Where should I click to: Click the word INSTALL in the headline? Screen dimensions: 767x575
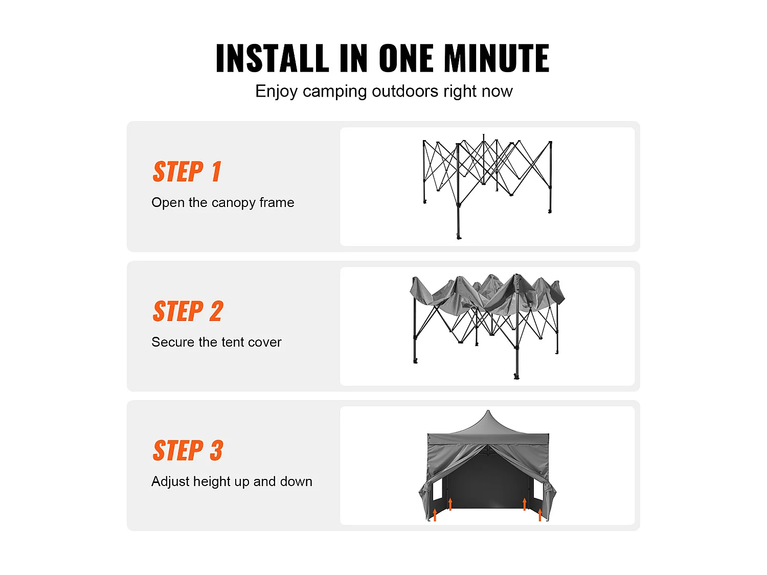point(272,58)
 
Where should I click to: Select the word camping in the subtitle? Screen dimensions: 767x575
point(335,92)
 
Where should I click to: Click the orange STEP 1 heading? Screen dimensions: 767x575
point(187,171)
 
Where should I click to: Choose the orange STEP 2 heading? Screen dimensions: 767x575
point(188,311)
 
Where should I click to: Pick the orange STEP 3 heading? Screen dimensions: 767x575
point(188,450)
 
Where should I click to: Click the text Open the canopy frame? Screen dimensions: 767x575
point(223,203)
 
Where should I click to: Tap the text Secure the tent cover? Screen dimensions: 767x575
point(216,342)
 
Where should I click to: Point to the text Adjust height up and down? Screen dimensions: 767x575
point(232,481)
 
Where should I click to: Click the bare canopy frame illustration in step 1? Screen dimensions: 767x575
point(487,187)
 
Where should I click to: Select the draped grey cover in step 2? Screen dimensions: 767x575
point(487,295)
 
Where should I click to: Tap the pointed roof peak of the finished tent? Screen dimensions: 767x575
point(488,411)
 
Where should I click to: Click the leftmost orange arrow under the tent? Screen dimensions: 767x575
point(435,515)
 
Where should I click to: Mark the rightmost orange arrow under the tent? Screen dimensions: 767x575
point(540,515)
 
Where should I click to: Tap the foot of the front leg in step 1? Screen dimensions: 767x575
point(459,237)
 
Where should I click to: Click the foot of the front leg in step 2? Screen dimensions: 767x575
point(516,377)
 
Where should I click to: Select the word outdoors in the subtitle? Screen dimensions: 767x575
point(405,91)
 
